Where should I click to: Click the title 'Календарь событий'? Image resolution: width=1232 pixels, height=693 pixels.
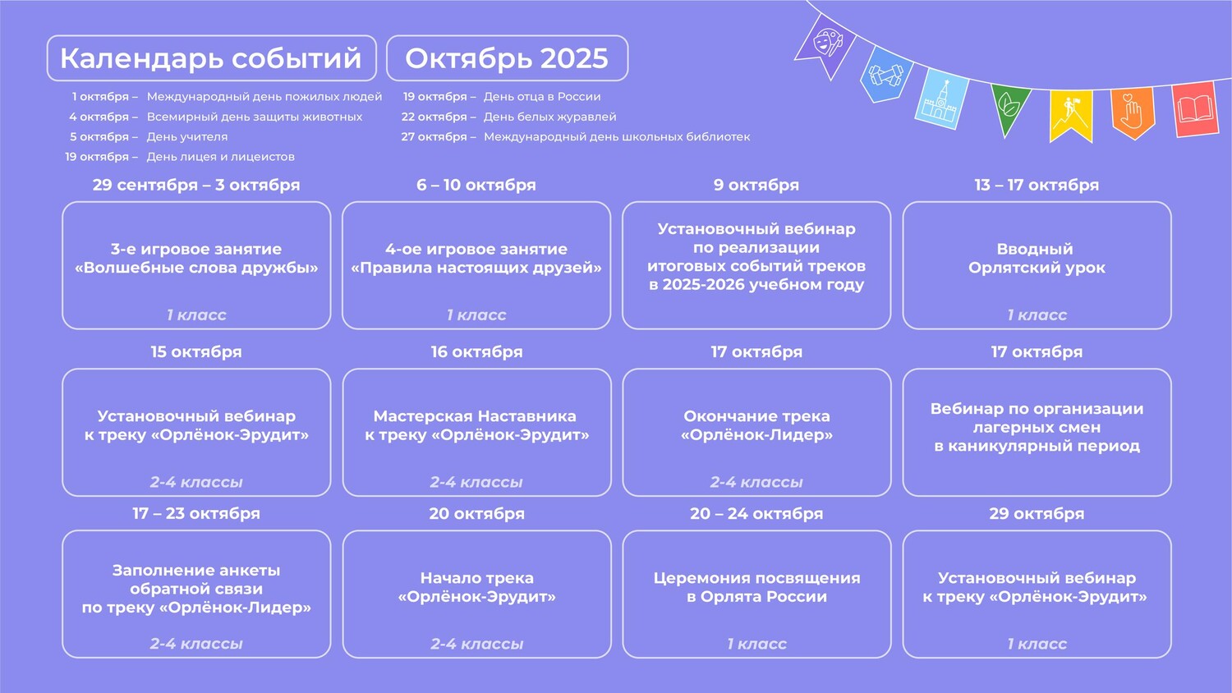click(210, 58)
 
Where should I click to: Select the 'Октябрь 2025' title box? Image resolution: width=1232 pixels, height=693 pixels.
click(507, 58)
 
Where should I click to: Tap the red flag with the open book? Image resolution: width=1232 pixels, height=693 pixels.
click(1195, 109)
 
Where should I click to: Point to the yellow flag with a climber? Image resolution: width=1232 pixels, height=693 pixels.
click(1070, 114)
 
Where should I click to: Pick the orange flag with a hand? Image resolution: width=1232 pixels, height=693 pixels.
click(1133, 112)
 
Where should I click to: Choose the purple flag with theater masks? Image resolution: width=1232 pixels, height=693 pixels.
click(826, 45)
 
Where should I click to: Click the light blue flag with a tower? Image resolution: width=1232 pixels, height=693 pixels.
click(941, 99)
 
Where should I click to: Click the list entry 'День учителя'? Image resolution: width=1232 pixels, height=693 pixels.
click(187, 136)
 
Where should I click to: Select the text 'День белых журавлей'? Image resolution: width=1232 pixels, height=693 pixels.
click(550, 117)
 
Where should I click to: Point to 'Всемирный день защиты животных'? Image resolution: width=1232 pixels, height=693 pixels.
click(255, 117)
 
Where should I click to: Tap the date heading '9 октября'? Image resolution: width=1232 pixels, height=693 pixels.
click(756, 185)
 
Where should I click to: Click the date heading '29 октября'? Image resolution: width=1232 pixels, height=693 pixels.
click(1037, 513)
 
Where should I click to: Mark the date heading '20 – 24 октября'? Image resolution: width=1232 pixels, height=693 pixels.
click(756, 513)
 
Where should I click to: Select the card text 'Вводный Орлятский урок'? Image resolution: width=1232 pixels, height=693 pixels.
click(1037, 259)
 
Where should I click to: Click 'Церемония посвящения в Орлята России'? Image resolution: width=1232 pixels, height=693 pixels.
click(756, 587)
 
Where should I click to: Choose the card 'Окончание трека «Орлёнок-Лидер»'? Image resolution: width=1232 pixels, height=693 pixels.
click(756, 432)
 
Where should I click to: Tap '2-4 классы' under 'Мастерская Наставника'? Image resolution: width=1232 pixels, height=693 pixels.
click(476, 482)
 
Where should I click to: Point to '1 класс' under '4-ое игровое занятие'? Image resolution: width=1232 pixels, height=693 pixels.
click(476, 314)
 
